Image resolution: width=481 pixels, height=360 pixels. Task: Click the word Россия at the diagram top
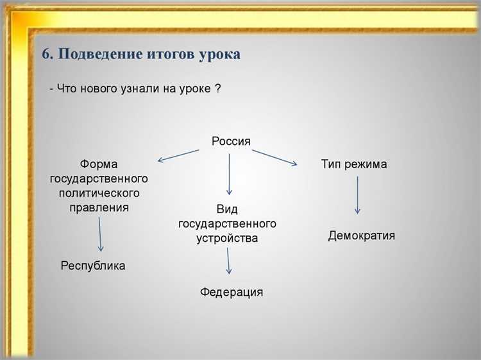point(231,141)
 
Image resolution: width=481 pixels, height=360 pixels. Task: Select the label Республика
point(93,266)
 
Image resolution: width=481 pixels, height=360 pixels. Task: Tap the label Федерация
point(232,292)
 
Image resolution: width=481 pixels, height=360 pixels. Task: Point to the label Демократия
point(362,236)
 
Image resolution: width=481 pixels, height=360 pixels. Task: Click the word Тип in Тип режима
point(332,164)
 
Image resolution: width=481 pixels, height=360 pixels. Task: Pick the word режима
point(366,164)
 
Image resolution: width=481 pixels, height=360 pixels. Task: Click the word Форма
point(99,164)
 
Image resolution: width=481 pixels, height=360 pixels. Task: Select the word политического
point(99,193)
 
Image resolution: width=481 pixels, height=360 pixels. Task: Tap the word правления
point(99,207)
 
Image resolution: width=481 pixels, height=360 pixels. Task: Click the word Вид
point(228,209)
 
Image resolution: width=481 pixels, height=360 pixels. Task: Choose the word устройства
point(228,238)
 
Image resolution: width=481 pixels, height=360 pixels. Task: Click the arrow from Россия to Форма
point(178,155)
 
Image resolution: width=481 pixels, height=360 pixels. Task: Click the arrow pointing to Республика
point(100,234)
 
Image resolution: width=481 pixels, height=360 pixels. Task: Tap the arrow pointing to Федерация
point(229,262)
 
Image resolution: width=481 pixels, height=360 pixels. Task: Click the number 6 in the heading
point(46,55)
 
